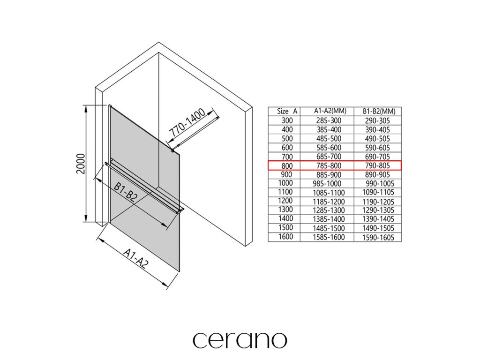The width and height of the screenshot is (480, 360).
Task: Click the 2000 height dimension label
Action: pos(81,163)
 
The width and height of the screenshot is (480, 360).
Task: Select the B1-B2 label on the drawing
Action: pos(125,192)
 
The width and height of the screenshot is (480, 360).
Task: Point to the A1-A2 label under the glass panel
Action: pos(136,259)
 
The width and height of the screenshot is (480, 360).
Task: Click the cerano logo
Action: pos(240,340)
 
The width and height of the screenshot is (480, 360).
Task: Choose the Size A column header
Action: pos(287,111)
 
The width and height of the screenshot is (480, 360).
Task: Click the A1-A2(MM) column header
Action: pos(330,111)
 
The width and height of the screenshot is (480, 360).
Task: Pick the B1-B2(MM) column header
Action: pos(379,112)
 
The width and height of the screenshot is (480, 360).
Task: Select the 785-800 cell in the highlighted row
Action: pos(330,165)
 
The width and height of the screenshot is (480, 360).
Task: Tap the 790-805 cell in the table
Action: pos(379,165)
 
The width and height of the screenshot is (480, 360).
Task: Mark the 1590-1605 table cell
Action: pos(378,237)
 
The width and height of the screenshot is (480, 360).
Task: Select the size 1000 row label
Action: pos(285,183)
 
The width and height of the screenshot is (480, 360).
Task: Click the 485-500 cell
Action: pos(330,139)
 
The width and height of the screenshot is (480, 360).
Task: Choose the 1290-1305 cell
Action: pos(378,210)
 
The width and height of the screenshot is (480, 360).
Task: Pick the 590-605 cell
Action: pos(379,148)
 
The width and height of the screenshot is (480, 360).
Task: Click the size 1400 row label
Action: pos(285,218)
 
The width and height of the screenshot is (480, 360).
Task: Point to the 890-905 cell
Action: pos(379,174)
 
